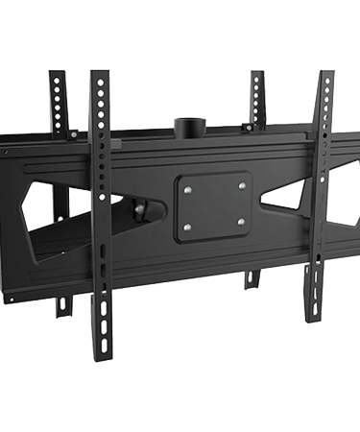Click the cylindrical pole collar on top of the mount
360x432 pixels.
point(187,129)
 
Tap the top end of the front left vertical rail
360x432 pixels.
point(97,72)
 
